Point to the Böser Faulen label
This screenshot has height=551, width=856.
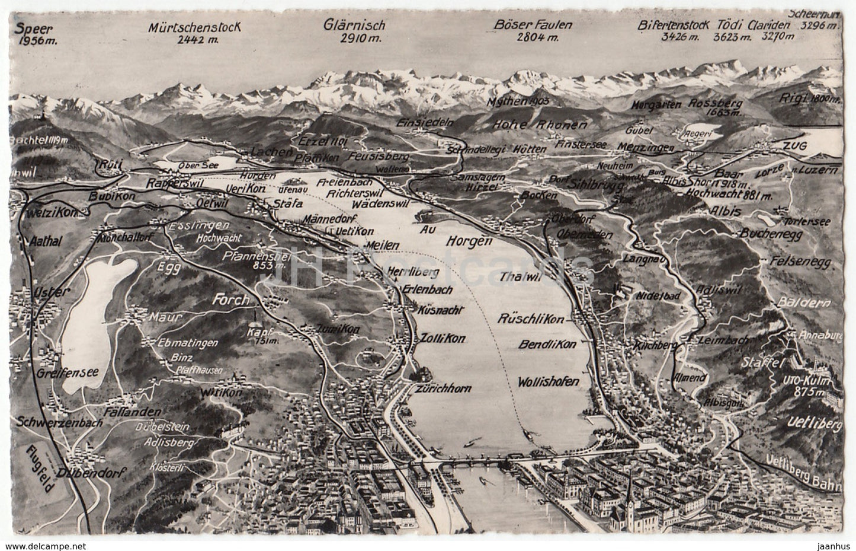click(533, 25)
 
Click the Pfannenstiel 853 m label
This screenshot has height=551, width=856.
click(248, 261)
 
